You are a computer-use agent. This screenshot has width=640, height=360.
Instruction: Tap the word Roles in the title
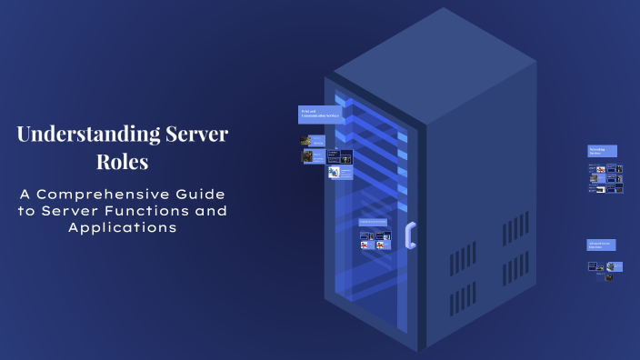point(122,164)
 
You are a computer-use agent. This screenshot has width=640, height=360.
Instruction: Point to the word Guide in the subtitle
point(203,195)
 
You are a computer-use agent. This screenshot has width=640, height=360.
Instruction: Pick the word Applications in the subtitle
point(122,228)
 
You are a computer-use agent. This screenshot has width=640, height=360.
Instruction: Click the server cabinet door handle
point(410,235)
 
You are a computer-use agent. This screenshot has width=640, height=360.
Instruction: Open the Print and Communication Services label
point(320,115)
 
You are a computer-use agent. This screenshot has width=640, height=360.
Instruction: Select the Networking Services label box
point(602,151)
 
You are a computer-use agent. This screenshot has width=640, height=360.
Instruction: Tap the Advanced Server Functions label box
point(601,245)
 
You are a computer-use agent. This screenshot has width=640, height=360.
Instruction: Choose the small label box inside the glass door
point(373,222)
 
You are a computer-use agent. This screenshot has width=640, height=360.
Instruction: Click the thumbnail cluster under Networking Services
point(605,178)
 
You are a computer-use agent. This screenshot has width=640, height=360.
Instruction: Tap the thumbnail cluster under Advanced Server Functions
point(605,269)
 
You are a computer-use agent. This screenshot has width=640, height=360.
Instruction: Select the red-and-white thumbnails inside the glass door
point(375,242)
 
